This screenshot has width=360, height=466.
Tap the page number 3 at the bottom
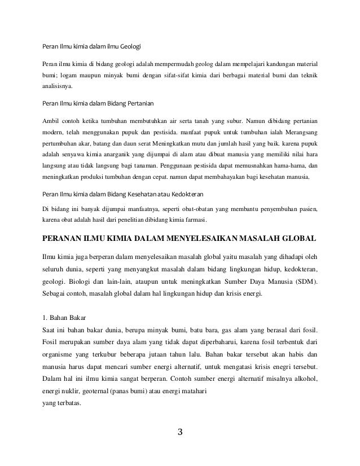[x=180, y=433]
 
